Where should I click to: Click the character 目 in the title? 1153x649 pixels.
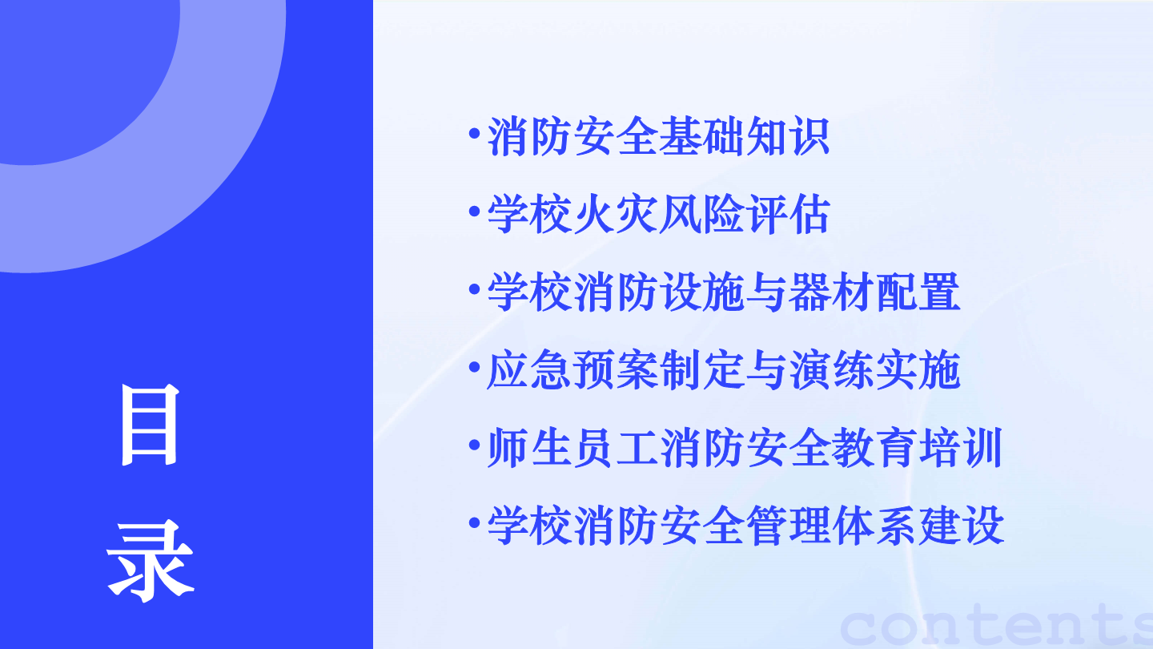[x=149, y=425]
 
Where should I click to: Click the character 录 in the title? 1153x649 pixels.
[x=150, y=561]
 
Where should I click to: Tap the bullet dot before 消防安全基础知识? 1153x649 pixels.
[x=475, y=134]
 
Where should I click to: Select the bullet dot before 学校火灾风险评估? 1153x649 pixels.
[x=475, y=212]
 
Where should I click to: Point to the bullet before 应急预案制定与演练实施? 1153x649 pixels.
[x=475, y=367]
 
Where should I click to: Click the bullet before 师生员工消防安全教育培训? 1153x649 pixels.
[x=475, y=445]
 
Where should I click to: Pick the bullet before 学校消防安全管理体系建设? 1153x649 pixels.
[x=475, y=522]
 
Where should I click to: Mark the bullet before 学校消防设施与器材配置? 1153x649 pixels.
[x=475, y=289]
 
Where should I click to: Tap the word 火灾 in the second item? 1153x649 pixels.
[x=615, y=214]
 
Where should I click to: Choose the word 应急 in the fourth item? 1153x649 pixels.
[x=529, y=370]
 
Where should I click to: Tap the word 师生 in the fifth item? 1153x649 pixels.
[x=529, y=448]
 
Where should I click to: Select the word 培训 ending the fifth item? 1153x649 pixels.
[x=961, y=448]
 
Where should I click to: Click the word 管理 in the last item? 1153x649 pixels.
[x=788, y=526]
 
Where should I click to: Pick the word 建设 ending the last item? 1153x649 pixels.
[x=961, y=526]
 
